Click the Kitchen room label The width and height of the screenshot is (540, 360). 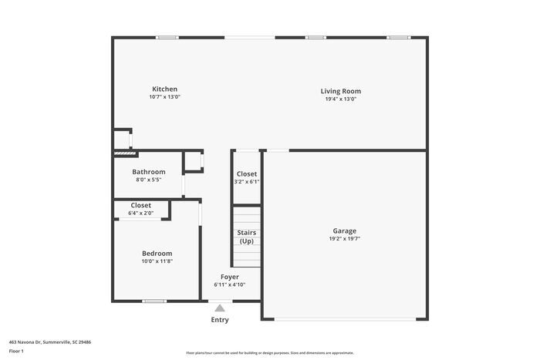point(164,89)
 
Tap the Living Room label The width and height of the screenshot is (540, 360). point(340,91)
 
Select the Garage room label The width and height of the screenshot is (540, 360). point(344,230)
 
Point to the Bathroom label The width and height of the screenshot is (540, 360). point(148,172)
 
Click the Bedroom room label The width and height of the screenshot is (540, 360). point(157,253)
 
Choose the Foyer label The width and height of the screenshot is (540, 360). point(229,277)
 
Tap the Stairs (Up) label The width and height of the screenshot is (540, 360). point(246,237)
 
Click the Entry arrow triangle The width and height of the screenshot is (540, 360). point(220,308)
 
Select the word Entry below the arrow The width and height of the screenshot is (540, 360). point(220,320)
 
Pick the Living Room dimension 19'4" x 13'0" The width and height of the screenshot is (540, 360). point(340,99)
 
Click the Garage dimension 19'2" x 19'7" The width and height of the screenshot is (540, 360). point(344,239)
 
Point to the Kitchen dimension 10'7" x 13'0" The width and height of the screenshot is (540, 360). point(164,97)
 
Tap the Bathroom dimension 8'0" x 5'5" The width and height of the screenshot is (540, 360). point(148,180)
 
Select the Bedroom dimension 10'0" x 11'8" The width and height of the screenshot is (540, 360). point(157,261)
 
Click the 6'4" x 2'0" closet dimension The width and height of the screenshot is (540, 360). point(141,213)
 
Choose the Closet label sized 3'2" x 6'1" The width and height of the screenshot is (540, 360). point(247,174)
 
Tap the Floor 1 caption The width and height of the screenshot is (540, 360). point(16,352)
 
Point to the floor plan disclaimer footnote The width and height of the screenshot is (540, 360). point(269,352)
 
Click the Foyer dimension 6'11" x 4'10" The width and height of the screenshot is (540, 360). point(229,284)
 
